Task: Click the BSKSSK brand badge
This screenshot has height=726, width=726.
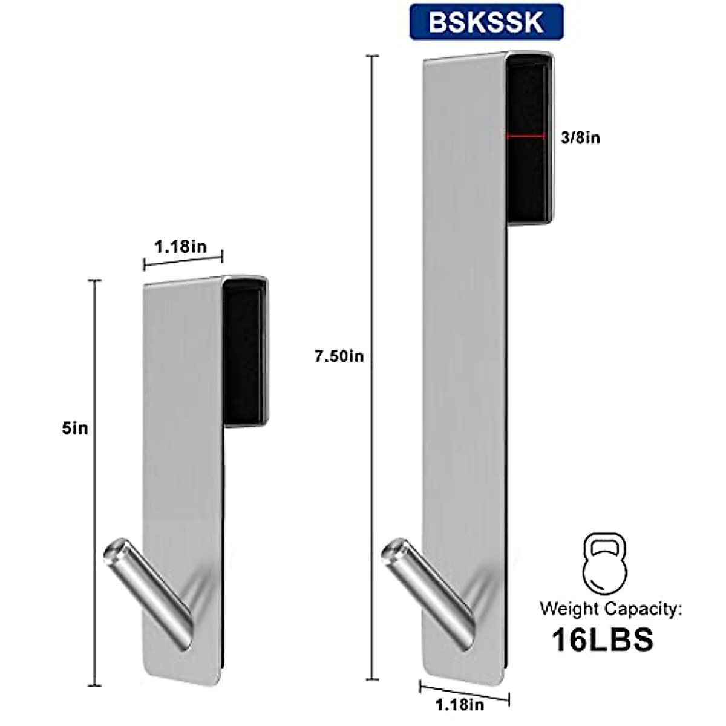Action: pyautogui.click(x=486, y=22)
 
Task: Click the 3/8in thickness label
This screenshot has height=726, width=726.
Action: pyautogui.click(x=580, y=138)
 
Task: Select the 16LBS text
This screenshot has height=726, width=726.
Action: pyautogui.click(x=603, y=639)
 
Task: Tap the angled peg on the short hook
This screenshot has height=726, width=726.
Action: pyautogui.click(x=151, y=587)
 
